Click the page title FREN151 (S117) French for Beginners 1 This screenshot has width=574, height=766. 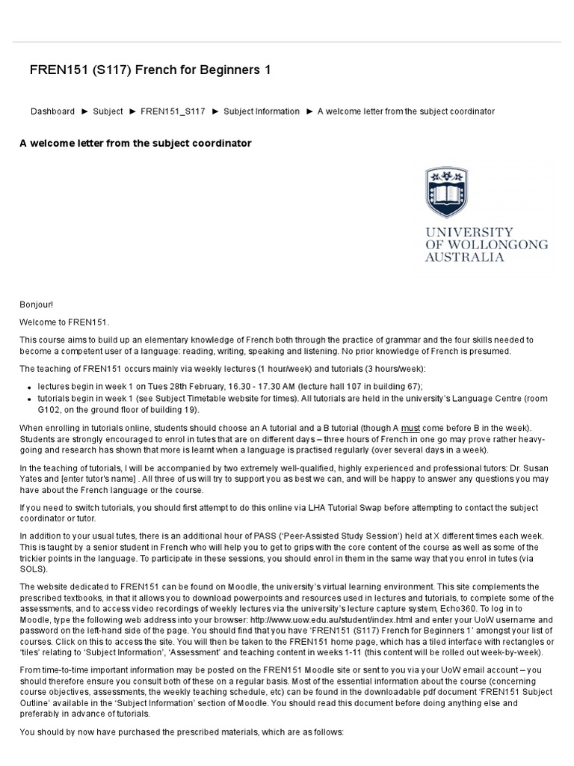pos(149,70)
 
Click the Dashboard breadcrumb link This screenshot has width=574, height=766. pos(52,111)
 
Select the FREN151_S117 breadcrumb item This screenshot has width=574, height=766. pos(173,111)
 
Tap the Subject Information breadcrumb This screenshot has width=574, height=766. pos(262,111)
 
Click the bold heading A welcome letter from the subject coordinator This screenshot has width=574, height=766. pos(135,143)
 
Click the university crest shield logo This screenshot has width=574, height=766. pos(448,193)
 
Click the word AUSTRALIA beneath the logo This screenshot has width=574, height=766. pos(464,257)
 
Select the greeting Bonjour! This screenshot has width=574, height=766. pos(37,304)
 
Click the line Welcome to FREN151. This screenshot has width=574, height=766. pos(64,322)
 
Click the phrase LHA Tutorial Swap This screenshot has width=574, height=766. pos(343,507)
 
